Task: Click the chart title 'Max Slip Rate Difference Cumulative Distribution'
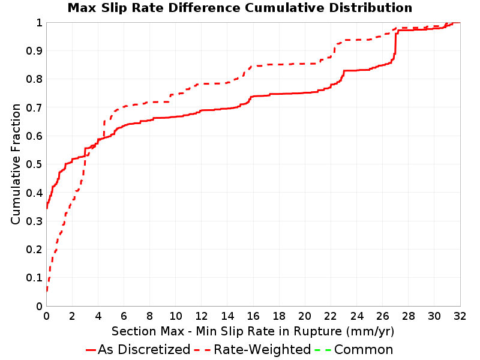point(239,8)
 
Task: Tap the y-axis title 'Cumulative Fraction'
point(16,164)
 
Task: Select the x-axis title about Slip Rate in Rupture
point(253,331)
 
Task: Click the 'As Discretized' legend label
point(144,349)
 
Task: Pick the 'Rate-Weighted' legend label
point(262,349)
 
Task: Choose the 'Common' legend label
point(364,349)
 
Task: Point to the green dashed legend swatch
point(323,350)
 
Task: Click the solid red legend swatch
point(91,350)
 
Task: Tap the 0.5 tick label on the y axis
point(34,164)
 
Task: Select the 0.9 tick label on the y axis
point(34,51)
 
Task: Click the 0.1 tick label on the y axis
point(34,278)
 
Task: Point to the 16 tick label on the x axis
point(253,316)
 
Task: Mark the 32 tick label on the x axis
point(460,316)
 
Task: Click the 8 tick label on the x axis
point(149,316)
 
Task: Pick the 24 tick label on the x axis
point(356,316)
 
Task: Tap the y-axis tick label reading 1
point(39,22)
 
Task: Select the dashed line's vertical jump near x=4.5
point(104,129)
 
